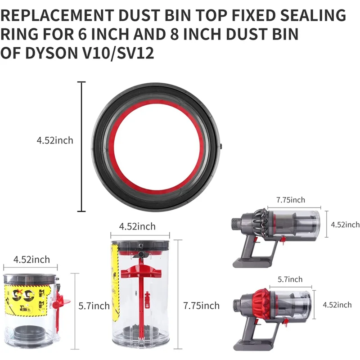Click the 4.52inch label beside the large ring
(x=55, y=140)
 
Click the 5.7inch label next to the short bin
(x=94, y=306)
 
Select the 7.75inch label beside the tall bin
(x=201, y=306)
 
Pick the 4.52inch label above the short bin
(x=31, y=260)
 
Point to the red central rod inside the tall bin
(x=141, y=297)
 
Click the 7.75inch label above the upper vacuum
(x=290, y=200)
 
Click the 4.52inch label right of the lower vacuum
(x=337, y=305)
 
